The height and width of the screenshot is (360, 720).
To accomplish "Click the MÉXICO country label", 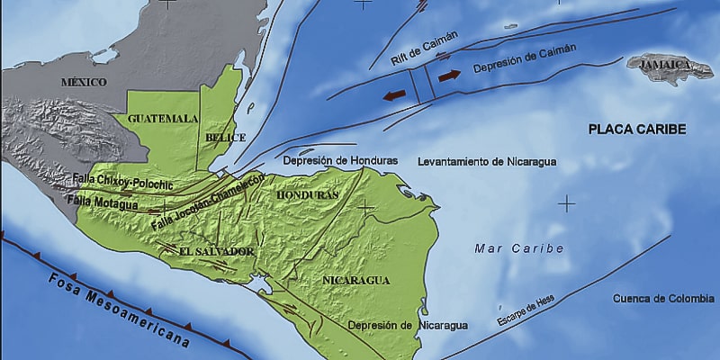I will [84, 82].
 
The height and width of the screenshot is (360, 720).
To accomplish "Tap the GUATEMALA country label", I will [163, 118].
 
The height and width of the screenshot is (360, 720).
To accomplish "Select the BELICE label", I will [220, 138].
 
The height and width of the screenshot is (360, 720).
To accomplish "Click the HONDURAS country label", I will [308, 194].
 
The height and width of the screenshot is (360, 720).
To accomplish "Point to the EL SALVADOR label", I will [216, 251].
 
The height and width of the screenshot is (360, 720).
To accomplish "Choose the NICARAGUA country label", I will [355, 280].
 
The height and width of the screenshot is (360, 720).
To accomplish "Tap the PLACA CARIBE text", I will [637, 130].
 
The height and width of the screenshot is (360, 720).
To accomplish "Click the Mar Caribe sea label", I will [520, 247].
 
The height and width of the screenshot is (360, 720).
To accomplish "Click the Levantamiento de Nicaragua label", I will [487, 162].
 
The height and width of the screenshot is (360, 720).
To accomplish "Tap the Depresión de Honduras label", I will [340, 160].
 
